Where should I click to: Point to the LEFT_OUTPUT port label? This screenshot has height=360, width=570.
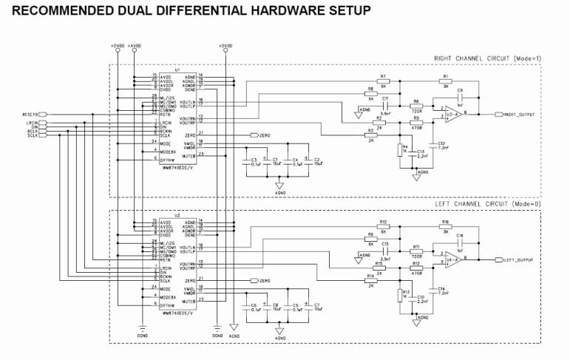pos(519,259)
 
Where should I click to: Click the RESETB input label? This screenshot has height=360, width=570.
pos(30,115)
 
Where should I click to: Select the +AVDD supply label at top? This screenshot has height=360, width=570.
pos(133,46)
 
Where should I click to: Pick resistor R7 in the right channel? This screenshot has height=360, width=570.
pos(383,81)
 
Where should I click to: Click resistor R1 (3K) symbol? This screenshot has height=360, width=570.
pos(445,81)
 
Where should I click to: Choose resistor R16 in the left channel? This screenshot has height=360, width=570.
pos(445,226)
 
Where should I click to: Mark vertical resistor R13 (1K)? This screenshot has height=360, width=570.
pos(399,295)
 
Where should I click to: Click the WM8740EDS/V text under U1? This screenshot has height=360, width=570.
pos(175,169)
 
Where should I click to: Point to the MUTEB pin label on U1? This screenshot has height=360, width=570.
pos(189,154)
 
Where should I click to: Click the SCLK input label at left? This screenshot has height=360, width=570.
pos(33,136)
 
